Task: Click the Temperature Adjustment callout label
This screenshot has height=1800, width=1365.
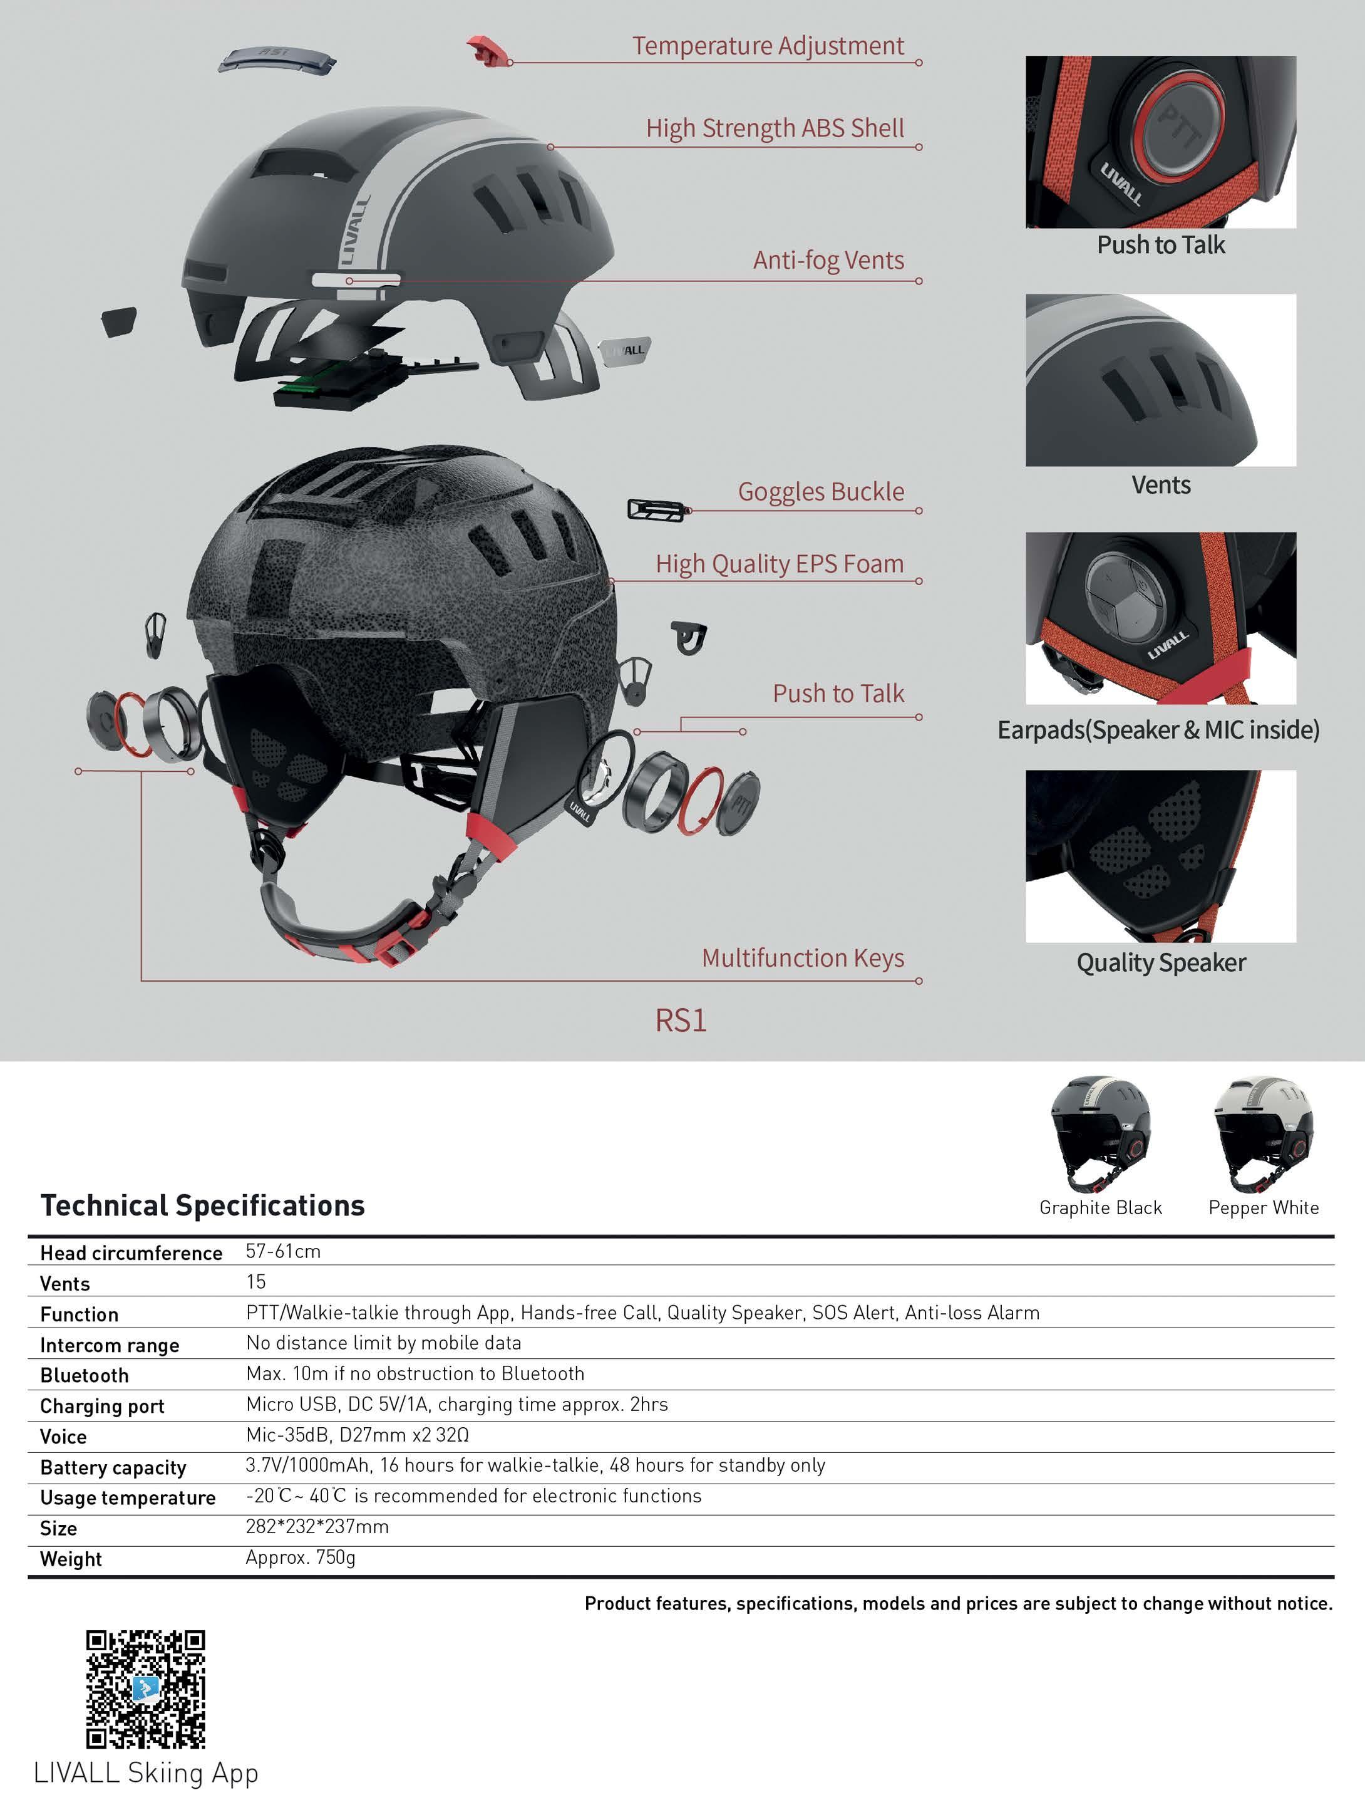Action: point(768,46)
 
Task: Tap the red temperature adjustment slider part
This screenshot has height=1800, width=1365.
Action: point(487,51)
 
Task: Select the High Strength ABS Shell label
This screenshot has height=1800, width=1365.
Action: point(775,128)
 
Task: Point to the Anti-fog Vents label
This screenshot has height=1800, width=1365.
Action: point(828,261)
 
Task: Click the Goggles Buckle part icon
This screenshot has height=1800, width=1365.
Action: point(656,510)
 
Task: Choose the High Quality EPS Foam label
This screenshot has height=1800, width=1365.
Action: point(780,564)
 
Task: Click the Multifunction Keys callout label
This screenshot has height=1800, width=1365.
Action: point(802,958)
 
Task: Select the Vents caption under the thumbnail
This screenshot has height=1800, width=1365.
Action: point(1161,485)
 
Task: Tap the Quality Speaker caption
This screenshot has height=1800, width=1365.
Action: point(1161,963)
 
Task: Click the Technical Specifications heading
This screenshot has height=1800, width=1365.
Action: point(202,1205)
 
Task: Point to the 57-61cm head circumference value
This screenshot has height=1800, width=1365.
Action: point(283,1252)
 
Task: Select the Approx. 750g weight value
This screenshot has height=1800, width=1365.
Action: point(300,1558)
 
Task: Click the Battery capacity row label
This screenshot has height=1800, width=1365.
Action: point(113,1467)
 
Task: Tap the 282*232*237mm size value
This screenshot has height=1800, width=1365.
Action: point(317,1527)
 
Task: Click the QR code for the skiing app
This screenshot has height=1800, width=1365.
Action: point(146,1688)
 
